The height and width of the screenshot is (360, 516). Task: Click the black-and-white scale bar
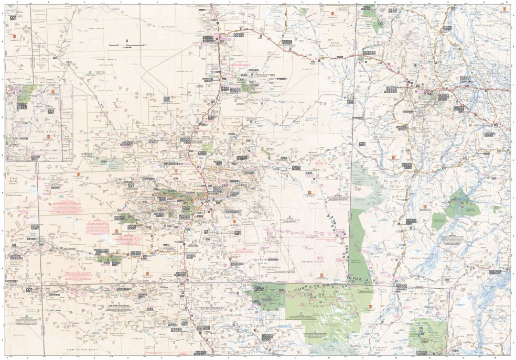pyautogui.click(x=126, y=45)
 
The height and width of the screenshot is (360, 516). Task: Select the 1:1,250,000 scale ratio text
pyautogui.click(x=127, y=48)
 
